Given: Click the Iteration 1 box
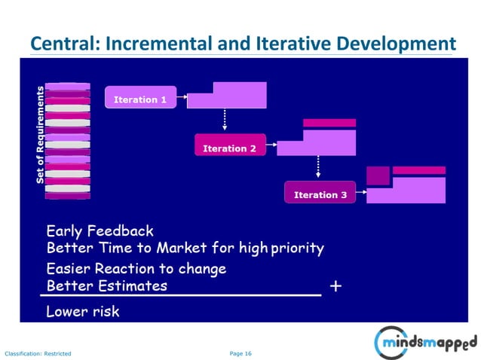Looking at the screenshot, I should tap(139, 98).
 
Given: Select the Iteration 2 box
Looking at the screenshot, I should tap(229, 147).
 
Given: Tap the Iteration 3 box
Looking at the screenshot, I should tap(320, 194).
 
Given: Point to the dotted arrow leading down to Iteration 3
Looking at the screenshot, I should tap(317, 167).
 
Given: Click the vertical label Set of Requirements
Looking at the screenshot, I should tap(41, 134).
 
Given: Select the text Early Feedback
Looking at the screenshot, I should tap(100, 231).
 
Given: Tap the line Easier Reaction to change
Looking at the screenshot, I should tap(136, 268).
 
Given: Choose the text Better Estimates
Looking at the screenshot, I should tap(106, 285).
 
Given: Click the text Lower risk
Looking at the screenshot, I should tap(82, 310).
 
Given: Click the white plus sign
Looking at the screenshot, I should tap(336, 286).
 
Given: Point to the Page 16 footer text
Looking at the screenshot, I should tap(240, 352).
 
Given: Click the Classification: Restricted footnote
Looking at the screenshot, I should tap(38, 352).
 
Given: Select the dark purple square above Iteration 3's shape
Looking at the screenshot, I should tap(378, 175).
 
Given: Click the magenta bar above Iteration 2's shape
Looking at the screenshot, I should tap(329, 123).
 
